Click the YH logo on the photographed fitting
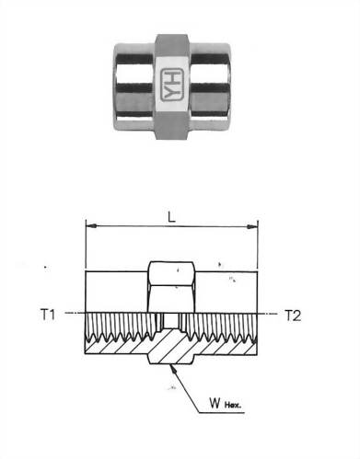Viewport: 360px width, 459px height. (x=173, y=76)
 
